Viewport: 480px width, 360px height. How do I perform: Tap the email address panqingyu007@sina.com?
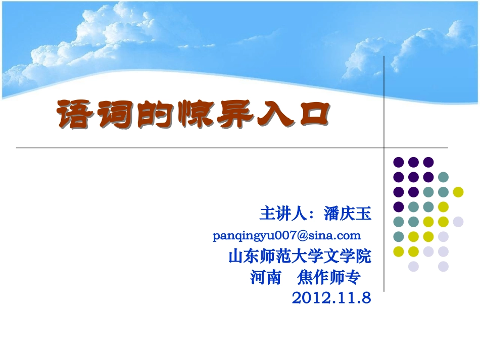pos(287,235)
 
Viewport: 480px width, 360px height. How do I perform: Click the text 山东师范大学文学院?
pos(300,256)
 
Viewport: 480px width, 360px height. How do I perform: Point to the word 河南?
pos(265,278)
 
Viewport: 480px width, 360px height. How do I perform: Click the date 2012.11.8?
pos(331,298)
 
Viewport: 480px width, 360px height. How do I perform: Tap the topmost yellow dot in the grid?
pos(458,192)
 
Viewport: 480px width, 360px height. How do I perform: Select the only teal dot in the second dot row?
pos(443,177)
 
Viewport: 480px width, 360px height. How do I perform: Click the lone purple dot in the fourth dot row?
pos(399,207)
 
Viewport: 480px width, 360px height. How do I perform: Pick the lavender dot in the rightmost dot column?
pos(458,221)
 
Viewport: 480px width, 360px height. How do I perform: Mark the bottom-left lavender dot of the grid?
pos(413,266)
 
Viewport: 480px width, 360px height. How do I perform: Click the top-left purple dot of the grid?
pos(399,162)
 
